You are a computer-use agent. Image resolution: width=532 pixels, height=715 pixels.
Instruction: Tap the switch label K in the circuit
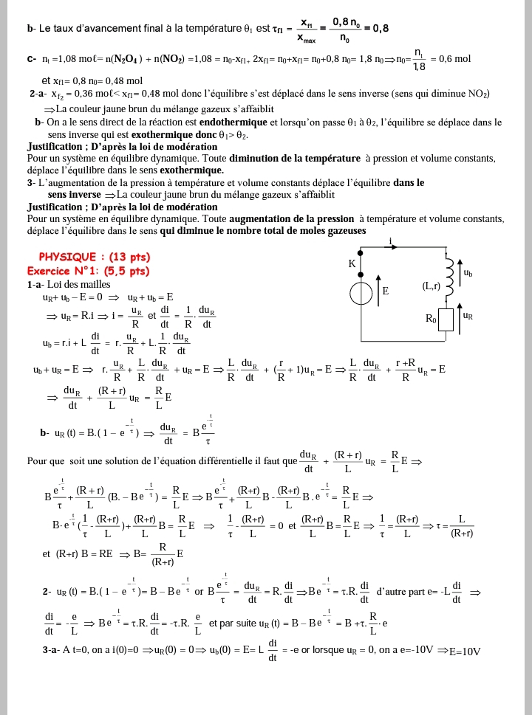352,264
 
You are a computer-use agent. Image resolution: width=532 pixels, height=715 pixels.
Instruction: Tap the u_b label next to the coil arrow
468,273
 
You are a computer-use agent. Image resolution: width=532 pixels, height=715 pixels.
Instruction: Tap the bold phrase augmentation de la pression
292,219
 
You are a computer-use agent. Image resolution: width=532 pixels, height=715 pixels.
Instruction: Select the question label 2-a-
40,94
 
